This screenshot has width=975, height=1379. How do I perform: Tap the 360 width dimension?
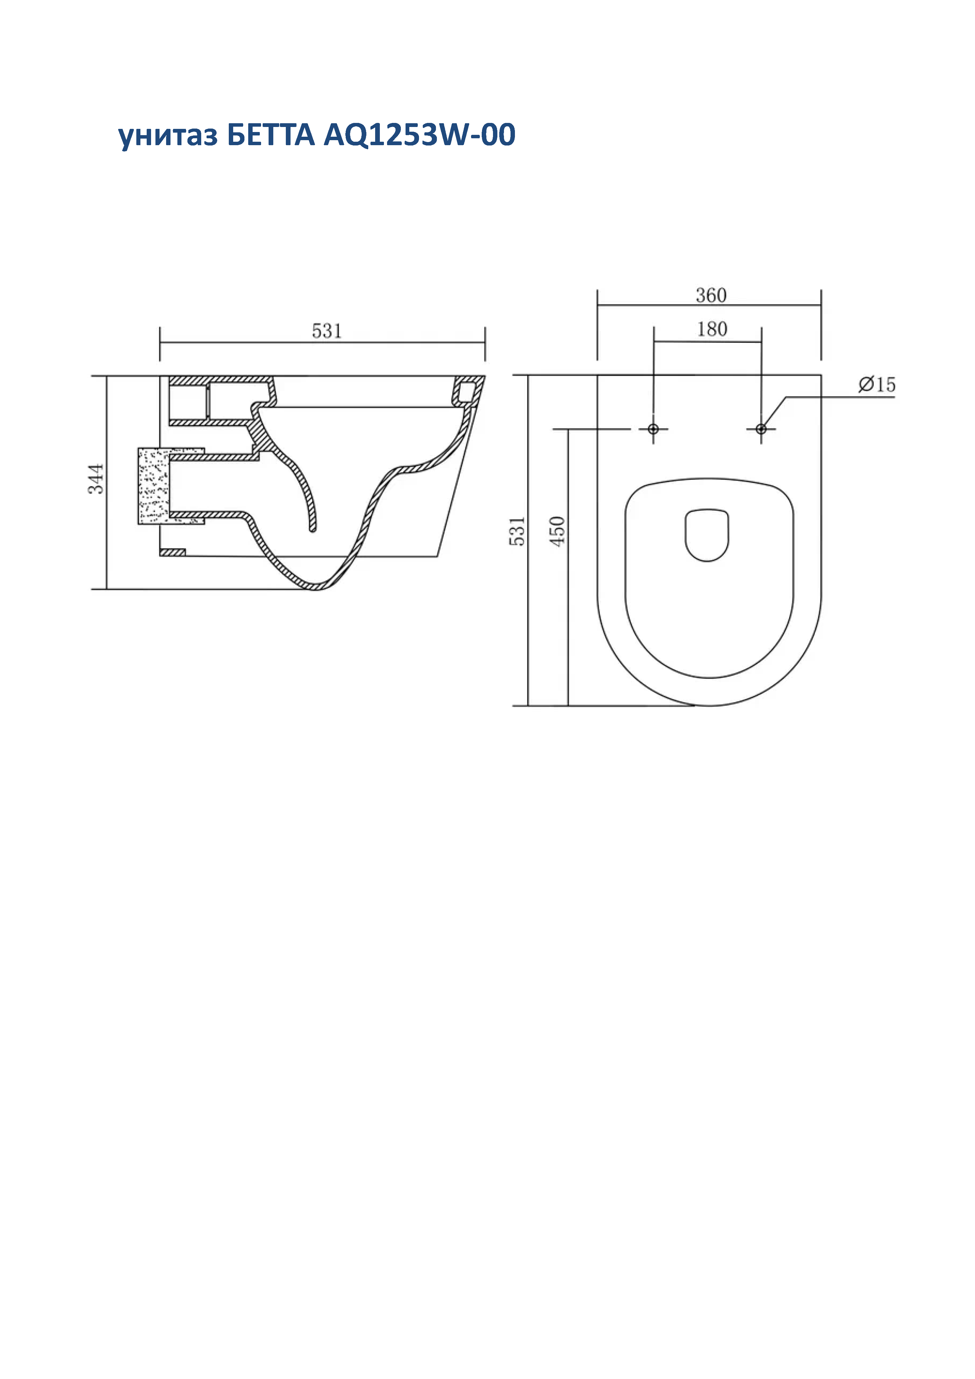(x=711, y=295)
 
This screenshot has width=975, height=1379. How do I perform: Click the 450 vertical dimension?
(x=558, y=531)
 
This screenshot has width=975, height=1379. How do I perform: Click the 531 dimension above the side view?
(x=327, y=331)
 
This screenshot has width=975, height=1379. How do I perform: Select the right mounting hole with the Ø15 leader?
(x=761, y=429)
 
